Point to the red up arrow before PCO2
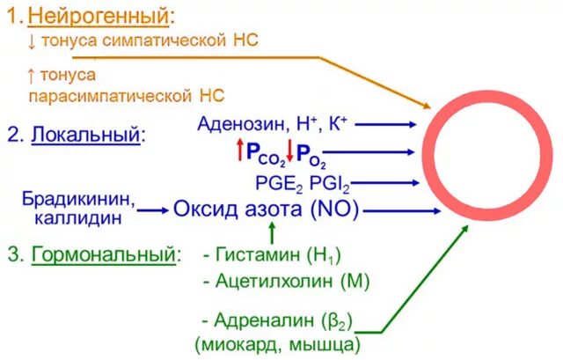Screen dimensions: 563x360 (x=238, y=151)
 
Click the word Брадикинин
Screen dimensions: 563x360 (x=79, y=199)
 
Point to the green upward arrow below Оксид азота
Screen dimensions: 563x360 (x=272, y=233)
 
